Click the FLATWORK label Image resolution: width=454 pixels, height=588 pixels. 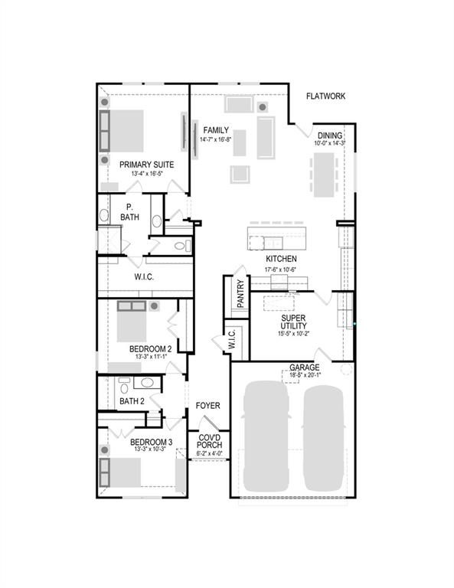(x=325, y=96)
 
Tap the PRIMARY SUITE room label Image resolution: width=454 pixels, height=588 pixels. (x=146, y=165)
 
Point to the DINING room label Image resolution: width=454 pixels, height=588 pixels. (x=330, y=135)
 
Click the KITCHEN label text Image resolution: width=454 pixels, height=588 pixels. (x=281, y=260)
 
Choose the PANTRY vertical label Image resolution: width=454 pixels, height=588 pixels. (x=240, y=293)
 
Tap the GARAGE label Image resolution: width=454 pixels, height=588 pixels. (x=304, y=367)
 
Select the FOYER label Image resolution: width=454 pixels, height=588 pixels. (x=208, y=405)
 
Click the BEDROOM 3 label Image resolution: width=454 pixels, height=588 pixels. (x=151, y=442)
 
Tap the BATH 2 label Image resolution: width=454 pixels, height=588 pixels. (x=132, y=400)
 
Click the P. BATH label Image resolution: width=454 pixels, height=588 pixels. (x=130, y=212)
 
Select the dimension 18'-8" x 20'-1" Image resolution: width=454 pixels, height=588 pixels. (x=305, y=375)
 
